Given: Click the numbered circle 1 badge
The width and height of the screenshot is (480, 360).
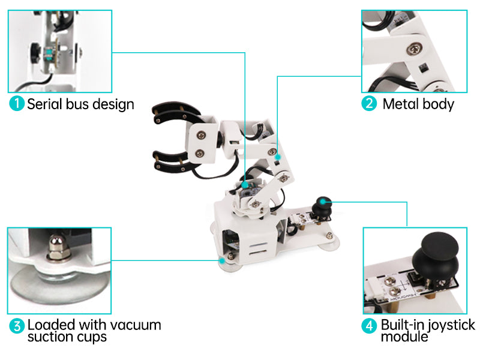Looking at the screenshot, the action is [x=17, y=103].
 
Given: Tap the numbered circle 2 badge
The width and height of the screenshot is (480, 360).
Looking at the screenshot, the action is [x=369, y=103].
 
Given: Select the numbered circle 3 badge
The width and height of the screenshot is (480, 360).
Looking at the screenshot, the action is [x=17, y=326].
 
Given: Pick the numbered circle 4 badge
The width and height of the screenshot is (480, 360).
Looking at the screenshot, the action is [x=369, y=326].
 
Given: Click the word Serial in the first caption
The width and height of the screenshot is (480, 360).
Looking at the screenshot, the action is [x=44, y=104].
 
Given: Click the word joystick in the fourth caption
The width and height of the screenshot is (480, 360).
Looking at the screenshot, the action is [x=451, y=326].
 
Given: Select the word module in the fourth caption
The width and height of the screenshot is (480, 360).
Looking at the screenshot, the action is [x=404, y=337].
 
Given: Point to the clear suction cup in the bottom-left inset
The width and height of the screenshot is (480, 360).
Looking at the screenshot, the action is [x=59, y=284].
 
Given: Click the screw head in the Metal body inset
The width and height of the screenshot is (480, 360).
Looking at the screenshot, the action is [x=414, y=49].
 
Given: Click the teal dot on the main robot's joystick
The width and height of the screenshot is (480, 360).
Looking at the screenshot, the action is [x=323, y=202].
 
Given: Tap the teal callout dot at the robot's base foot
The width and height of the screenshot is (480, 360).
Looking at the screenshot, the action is [x=222, y=261].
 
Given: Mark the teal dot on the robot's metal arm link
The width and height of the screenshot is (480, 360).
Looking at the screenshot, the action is [x=278, y=157].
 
